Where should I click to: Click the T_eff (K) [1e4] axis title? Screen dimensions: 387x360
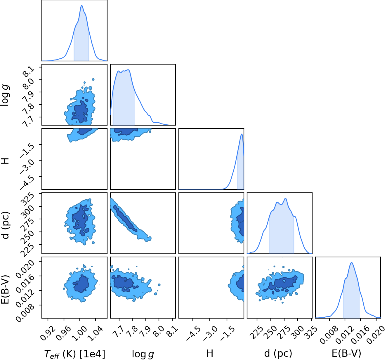point(75,354)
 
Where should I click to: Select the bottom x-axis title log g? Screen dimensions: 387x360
point(143,354)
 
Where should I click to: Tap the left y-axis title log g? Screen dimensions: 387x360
point(5,95)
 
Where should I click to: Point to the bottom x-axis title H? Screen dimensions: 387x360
point(210,353)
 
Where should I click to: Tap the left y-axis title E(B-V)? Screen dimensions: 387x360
point(6,289)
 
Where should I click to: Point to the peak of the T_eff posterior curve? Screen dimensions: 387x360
point(82,5)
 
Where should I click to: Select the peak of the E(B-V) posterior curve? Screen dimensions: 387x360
point(352,262)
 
